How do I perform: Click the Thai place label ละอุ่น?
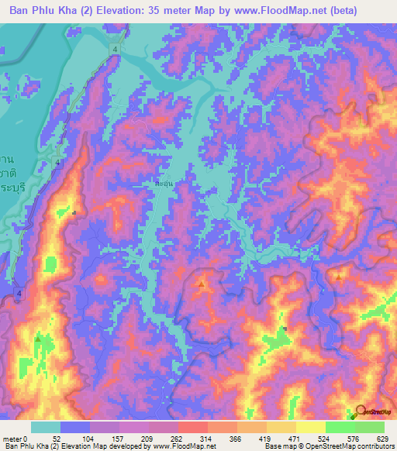(x=164, y=186)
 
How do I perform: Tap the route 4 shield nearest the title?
(x=114, y=50)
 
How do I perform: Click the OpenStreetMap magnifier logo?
(x=361, y=414)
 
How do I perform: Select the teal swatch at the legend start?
(x=46, y=427)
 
